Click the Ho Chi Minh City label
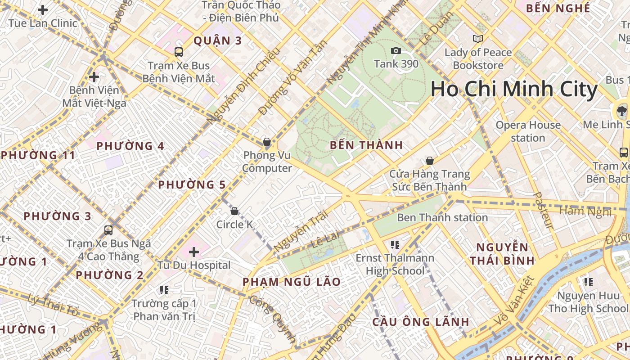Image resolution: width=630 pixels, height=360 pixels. [514, 89]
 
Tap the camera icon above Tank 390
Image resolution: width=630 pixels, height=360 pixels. [396, 50]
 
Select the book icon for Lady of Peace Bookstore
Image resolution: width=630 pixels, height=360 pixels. [478, 39]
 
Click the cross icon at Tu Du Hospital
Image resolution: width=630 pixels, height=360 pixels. [194, 252]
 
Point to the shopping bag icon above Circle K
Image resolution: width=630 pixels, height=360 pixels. [234, 211]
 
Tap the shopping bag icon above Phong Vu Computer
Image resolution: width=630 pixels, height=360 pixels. [267, 142]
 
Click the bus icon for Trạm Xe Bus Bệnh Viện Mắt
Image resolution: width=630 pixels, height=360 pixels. [179, 52]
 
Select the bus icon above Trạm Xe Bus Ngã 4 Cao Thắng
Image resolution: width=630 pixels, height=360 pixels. [108, 230]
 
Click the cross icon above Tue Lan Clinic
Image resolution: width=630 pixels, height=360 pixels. [43, 9]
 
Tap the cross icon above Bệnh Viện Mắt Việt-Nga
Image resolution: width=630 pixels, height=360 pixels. [94, 77]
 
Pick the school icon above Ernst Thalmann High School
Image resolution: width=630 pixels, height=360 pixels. [395, 245]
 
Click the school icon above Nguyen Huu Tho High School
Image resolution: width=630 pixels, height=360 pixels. [588, 282]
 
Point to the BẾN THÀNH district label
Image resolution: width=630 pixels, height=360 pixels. [366, 145]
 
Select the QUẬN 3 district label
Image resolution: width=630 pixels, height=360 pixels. [218, 41]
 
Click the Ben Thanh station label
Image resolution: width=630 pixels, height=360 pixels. [442, 218]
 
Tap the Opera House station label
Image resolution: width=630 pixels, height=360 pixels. [528, 131]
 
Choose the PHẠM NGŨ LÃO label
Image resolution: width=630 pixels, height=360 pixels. [292, 282]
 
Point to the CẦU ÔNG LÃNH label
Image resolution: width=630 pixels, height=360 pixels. [421, 322]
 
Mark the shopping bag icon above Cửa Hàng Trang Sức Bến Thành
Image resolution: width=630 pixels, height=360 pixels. [430, 161]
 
